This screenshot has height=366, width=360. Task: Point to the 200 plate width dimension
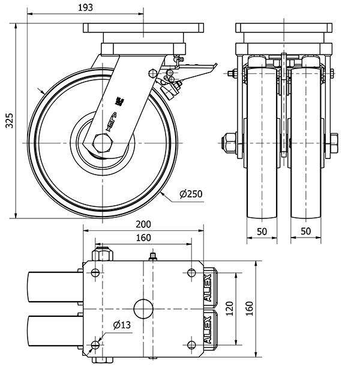(x=143, y=224)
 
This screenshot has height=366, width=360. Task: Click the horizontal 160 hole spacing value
(x=143, y=238)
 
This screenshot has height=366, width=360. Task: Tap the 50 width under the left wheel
(x=262, y=231)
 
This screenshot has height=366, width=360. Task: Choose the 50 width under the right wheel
(x=306, y=231)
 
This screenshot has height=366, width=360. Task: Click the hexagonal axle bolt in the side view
(x=101, y=143)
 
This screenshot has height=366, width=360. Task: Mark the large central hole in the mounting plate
(x=143, y=308)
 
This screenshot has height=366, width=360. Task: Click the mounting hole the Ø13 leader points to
(x=95, y=345)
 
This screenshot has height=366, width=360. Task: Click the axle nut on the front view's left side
(x=230, y=143)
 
